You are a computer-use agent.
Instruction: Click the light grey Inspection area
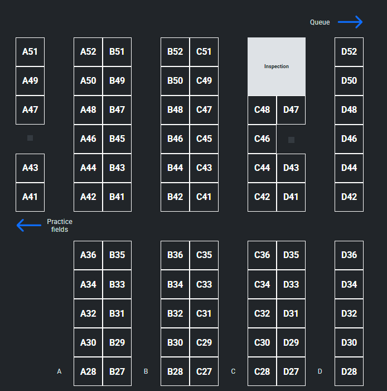pos(277,66)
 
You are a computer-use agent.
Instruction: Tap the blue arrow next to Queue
pos(350,22)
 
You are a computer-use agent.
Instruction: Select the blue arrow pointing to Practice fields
pos(29,226)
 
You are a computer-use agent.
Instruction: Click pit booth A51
pos(30,52)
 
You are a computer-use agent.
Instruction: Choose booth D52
pos(349,52)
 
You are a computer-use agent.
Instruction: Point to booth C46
pos(262,139)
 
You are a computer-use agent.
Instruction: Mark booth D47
pos(291,110)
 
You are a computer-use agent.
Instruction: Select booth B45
pos(117,139)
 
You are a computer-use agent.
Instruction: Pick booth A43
pos(30,168)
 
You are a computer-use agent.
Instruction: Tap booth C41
pos(204,197)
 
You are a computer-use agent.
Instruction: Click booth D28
pos(349,371)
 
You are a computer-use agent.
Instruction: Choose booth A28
pos(88,371)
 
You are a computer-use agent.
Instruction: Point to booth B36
pos(175,255)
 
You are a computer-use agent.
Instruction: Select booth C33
pos(204,284)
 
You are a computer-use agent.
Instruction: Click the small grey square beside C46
pos(291,140)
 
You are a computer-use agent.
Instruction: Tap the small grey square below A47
pos(30,138)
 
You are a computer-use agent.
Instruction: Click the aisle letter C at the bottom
pos(233,371)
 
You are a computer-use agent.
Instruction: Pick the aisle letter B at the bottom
pos(146,371)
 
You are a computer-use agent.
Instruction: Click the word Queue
pos(320,22)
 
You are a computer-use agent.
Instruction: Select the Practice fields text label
pos(60,226)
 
